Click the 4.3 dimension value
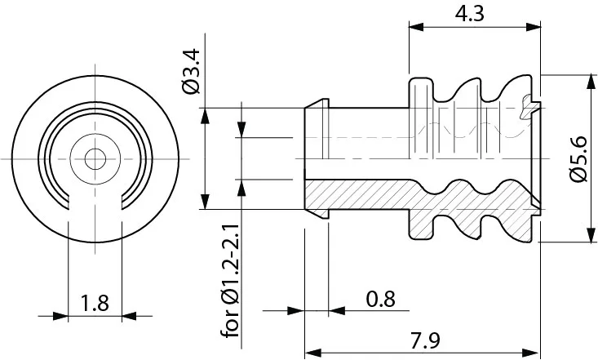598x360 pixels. coord(469,14)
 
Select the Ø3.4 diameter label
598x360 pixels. coord(192,71)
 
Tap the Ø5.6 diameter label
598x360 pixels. coord(578,159)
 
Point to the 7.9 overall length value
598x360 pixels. coord(425,340)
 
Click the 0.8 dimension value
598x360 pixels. coord(380,299)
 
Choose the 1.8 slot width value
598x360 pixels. coord(95,303)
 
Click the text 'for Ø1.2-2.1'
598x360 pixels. coord(230,281)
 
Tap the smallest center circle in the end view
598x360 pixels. coord(95,159)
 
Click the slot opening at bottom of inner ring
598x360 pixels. coord(95,202)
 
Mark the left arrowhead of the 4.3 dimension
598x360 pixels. coord(416,27)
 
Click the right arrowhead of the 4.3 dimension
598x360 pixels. coord(534,27)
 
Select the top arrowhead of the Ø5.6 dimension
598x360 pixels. coord(591,82)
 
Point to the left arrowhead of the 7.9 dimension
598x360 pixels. coord(312,353)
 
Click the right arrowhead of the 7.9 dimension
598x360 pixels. coord(530,353)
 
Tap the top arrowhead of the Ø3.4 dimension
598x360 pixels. coord(206,116)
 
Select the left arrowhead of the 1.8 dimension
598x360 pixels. coord(60,316)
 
